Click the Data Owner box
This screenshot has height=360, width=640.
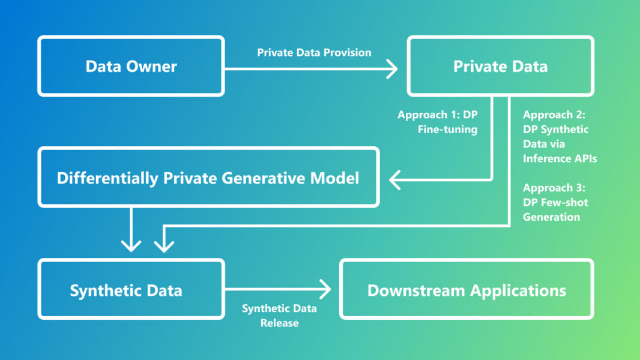tap(131, 66)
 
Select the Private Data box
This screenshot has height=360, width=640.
tap(500, 66)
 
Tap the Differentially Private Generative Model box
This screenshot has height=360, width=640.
tap(208, 178)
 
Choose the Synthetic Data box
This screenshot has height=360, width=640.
tap(126, 291)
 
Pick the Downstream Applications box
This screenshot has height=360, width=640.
tap(466, 291)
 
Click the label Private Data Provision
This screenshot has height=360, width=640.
tap(314, 53)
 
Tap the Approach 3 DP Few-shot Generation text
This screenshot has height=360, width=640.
tap(555, 202)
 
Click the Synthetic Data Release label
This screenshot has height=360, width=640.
tap(279, 316)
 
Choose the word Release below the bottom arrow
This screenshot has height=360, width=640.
tap(279, 323)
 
